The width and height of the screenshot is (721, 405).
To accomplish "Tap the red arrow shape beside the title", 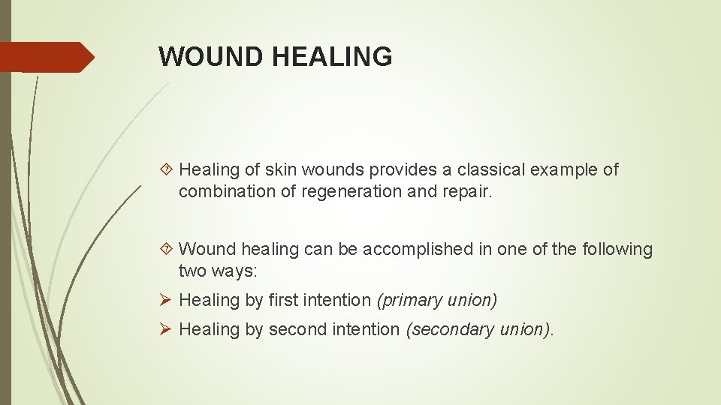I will [47, 57].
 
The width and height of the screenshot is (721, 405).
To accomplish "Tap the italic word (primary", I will [410, 301].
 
